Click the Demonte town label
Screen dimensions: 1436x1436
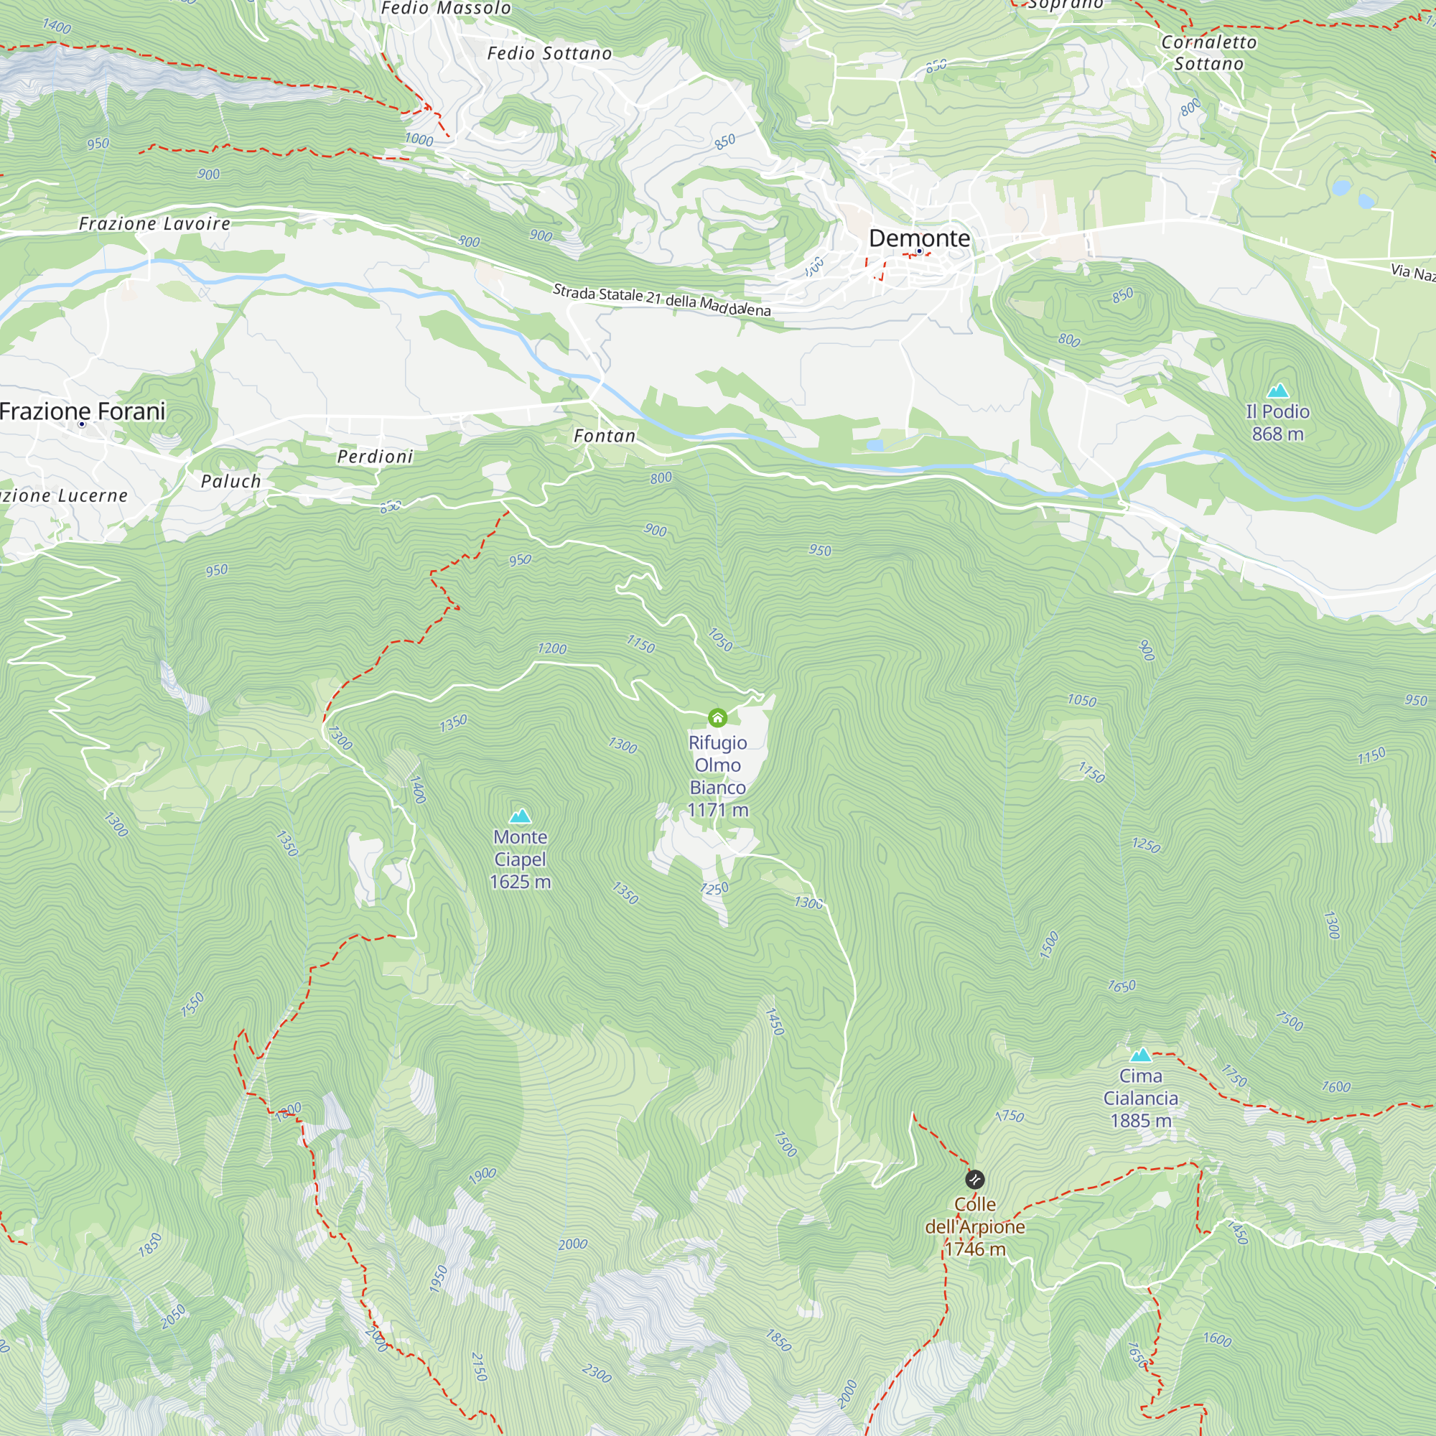tap(920, 238)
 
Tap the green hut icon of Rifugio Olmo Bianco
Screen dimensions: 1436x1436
tap(717, 717)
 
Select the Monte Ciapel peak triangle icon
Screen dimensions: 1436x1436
tap(521, 816)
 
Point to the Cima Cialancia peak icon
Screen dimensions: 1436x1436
tap(1141, 1055)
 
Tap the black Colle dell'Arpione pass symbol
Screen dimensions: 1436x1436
tap(974, 1179)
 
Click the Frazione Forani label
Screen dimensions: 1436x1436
tap(83, 411)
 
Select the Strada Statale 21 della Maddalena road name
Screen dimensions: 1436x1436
tap(661, 299)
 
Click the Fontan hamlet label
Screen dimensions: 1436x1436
tap(605, 437)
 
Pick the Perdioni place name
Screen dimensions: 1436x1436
tap(375, 457)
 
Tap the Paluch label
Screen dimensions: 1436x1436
tap(231, 482)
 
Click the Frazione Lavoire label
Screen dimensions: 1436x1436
tap(154, 224)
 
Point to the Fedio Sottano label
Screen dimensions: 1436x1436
tap(549, 54)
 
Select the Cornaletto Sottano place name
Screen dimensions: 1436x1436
tap(1208, 52)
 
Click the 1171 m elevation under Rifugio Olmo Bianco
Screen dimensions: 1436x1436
tap(718, 809)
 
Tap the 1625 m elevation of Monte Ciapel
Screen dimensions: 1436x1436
tap(521, 882)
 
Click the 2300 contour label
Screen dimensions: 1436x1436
tap(597, 1373)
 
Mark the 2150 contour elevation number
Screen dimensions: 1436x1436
tap(480, 1366)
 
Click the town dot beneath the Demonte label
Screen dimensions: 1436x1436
tap(920, 251)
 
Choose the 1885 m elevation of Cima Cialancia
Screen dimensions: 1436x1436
tap(1141, 1120)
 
